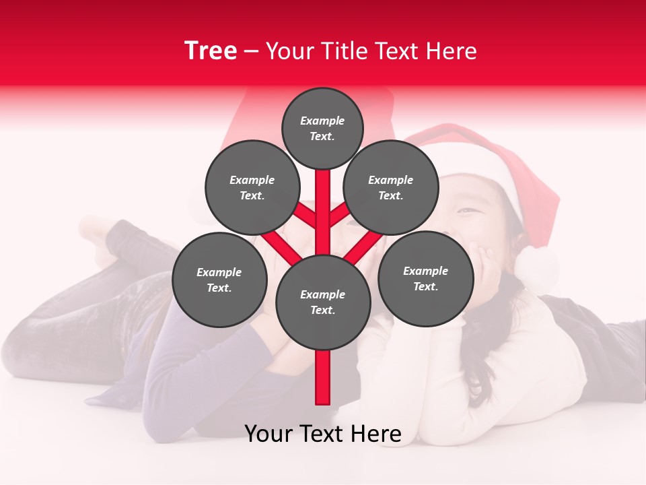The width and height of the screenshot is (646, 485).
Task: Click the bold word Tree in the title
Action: pyautogui.click(x=211, y=51)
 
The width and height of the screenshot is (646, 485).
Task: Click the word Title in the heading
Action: pyautogui.click(x=344, y=51)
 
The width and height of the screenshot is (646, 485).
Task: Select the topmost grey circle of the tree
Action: pyautogui.click(x=322, y=128)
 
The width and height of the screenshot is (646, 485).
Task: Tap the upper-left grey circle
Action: pyautogui.click(x=252, y=187)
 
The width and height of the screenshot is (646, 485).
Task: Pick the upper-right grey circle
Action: pyautogui.click(x=390, y=187)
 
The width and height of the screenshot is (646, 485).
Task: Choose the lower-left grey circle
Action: pyautogui.click(x=219, y=280)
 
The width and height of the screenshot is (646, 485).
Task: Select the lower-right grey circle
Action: pyautogui.click(x=425, y=278)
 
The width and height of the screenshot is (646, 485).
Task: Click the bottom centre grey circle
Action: pyautogui.click(x=322, y=302)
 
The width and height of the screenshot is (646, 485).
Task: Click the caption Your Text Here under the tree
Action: pyautogui.click(x=322, y=434)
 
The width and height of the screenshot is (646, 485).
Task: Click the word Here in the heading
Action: pyautogui.click(x=454, y=51)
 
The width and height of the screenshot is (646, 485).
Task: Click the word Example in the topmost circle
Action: pyautogui.click(x=322, y=121)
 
